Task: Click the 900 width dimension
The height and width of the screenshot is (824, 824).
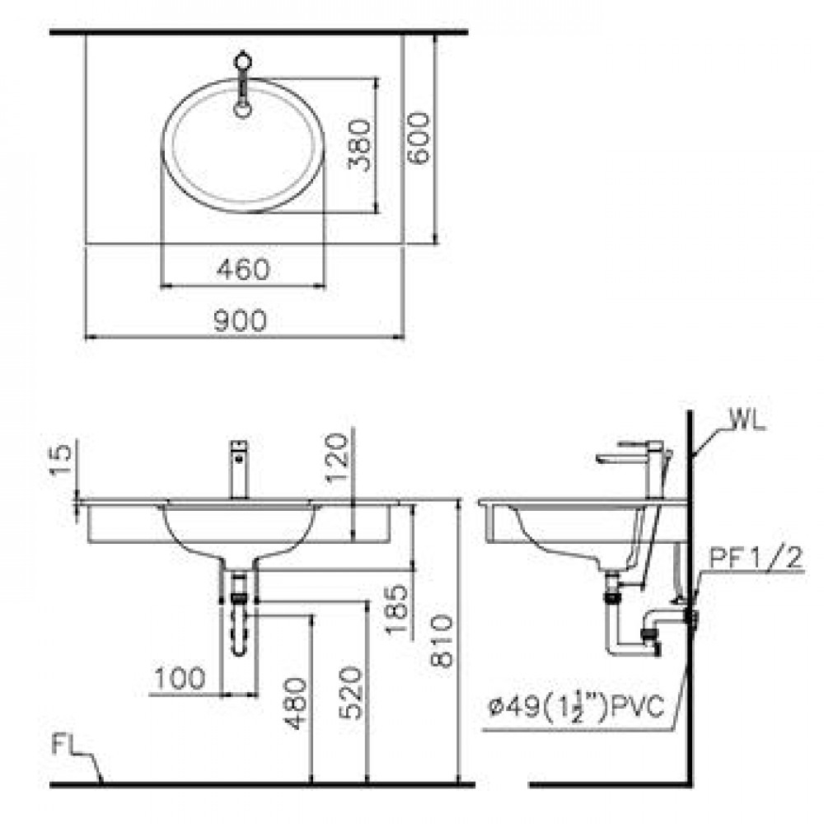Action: tap(240, 321)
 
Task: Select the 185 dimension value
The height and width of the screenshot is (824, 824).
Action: tap(396, 610)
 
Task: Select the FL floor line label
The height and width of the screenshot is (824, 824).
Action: tap(67, 747)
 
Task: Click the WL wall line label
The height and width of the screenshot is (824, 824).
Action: tap(747, 424)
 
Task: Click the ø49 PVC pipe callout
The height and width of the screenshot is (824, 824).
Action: tap(575, 708)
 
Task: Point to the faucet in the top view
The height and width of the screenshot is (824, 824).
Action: tap(242, 83)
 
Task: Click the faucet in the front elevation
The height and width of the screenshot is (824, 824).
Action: tap(238, 469)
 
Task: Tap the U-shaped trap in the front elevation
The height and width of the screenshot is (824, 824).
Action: tap(239, 626)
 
